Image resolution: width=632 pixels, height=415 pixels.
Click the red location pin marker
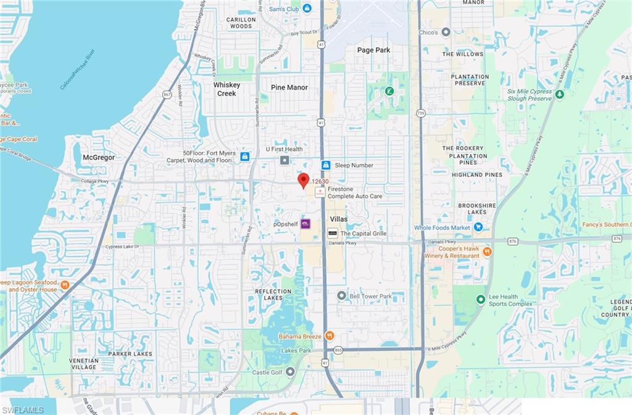[303, 180]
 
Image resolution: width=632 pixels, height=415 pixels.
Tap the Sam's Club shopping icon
[307, 8]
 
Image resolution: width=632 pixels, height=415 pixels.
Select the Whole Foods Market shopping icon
[478, 228]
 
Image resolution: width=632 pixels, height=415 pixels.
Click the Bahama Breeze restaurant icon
[330, 336]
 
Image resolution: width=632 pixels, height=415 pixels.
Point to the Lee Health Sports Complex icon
[480, 300]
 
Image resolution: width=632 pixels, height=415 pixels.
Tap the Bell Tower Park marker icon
[341, 296]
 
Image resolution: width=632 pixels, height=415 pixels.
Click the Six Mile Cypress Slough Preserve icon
[559, 94]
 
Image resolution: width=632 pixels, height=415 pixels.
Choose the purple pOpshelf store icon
[305, 224]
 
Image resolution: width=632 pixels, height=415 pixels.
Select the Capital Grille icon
[333, 233]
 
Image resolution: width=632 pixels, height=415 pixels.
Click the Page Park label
[374, 50]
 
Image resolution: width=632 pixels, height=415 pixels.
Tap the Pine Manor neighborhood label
[289, 88]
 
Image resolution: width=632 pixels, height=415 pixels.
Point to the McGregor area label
[99, 157]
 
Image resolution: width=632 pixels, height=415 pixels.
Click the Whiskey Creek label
[226, 89]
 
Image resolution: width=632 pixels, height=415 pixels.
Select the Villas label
[338, 219]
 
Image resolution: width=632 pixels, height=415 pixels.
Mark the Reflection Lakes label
[273, 295]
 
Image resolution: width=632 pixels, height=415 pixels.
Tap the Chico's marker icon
[446, 32]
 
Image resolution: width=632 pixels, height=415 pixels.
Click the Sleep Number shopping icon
[325, 165]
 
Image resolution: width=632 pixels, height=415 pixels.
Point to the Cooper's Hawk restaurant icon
[487, 252]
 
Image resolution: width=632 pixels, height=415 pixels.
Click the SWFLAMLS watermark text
[22, 409]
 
